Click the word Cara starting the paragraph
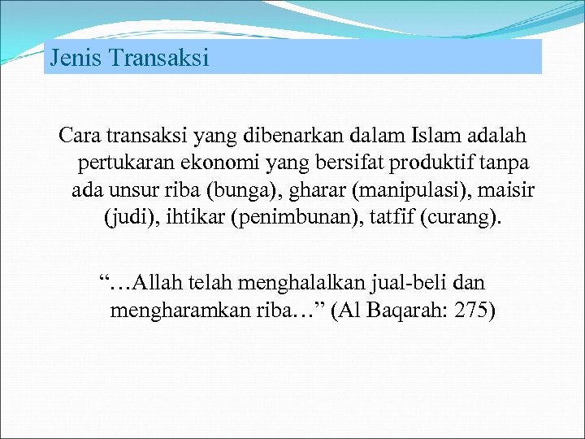tap(80, 135)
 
